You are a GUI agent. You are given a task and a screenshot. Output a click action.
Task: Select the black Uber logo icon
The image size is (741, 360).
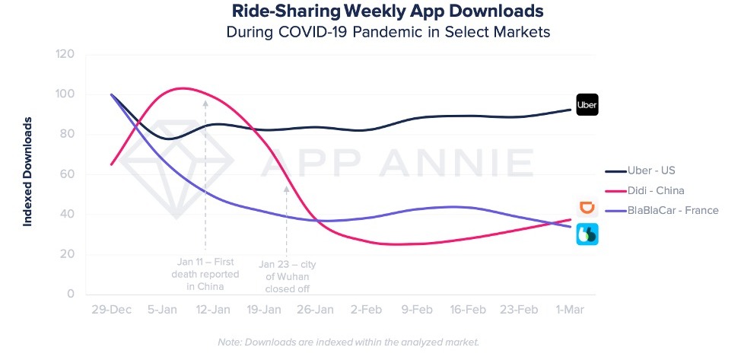point(587,104)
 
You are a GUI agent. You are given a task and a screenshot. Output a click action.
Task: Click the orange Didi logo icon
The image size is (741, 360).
point(587,207)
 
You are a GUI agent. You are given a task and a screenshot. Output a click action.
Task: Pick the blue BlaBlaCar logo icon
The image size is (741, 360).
point(587,234)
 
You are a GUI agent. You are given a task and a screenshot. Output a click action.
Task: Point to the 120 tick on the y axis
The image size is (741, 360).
point(65,55)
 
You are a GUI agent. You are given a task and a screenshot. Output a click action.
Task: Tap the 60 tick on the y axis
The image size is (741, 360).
point(67,174)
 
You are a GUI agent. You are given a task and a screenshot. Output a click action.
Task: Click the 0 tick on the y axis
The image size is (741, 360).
point(70,294)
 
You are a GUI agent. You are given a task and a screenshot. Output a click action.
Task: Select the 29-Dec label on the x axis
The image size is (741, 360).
point(111,311)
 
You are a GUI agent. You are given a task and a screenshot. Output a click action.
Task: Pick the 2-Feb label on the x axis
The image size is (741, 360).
point(367,311)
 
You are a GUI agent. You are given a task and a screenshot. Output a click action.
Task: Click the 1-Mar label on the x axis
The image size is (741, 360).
point(570,311)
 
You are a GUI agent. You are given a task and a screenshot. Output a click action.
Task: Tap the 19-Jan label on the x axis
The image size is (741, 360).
point(263,311)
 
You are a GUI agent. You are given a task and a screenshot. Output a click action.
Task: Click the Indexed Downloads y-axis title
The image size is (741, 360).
point(27,171)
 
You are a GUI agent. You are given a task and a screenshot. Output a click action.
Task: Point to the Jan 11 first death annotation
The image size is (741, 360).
point(206,275)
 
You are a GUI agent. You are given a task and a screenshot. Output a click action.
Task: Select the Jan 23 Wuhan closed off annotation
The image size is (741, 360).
point(287,276)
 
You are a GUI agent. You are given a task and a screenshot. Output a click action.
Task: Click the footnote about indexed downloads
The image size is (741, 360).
point(348,342)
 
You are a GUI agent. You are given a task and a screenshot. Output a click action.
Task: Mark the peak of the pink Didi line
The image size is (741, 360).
point(183,88)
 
